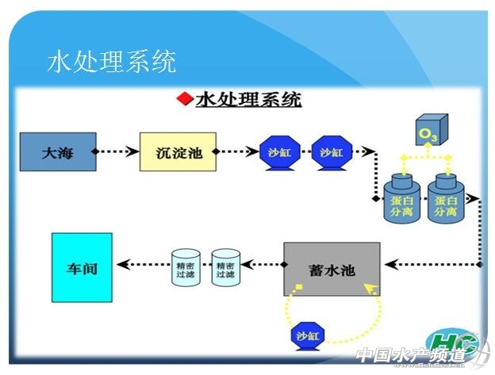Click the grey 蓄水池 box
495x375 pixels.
tap(332, 270)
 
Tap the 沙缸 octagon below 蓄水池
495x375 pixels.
tap(307, 336)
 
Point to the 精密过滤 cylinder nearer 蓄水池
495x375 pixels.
tap(226, 268)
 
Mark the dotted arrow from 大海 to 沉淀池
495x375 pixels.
tap(117, 151)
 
